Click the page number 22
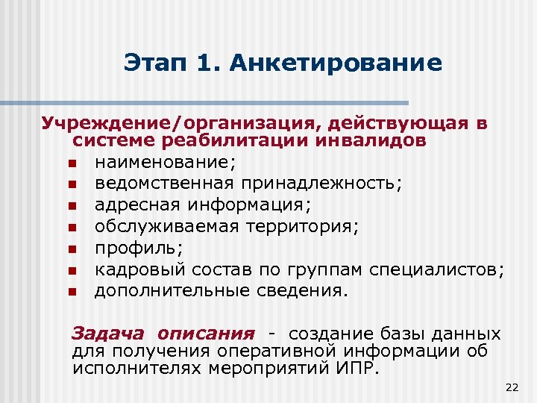click(x=511, y=387)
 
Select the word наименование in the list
click(x=155, y=162)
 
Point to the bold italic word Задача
click(x=104, y=333)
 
